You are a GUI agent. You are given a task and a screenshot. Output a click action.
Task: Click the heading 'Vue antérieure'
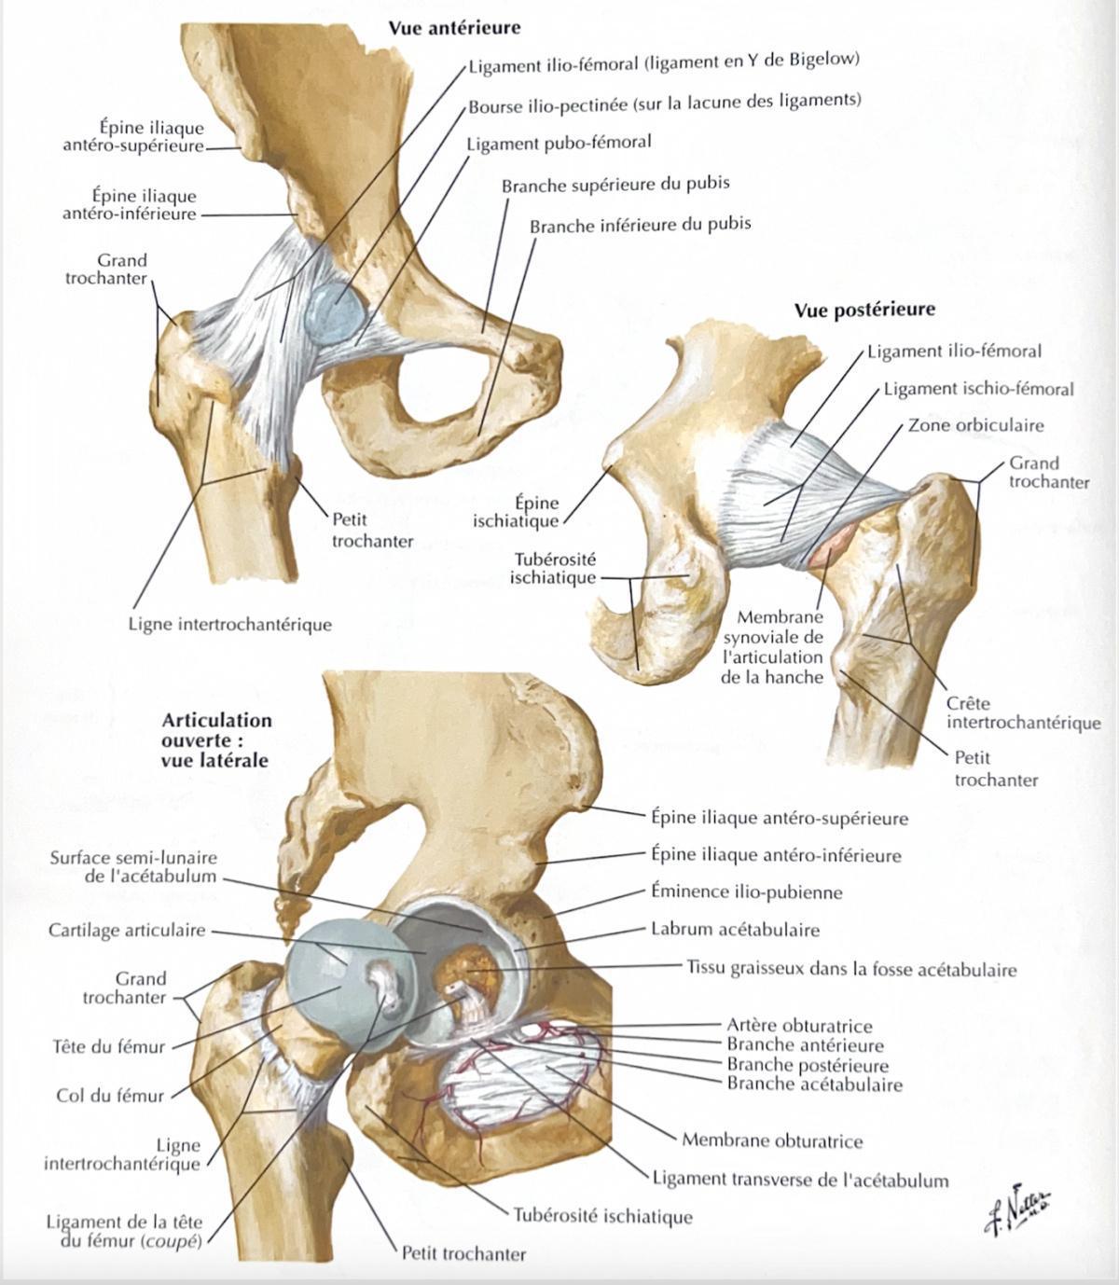455,28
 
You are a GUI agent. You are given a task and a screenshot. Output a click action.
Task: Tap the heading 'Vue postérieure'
864,310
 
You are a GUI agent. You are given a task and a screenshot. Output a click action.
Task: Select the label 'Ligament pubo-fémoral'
559,144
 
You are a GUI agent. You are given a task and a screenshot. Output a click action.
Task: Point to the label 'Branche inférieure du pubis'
641,226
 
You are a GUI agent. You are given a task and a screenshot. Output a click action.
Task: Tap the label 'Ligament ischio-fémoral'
979,390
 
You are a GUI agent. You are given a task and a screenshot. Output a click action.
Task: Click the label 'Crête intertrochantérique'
1024,712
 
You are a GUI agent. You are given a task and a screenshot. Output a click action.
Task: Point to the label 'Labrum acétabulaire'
736,930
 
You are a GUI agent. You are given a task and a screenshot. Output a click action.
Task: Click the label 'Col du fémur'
110,1096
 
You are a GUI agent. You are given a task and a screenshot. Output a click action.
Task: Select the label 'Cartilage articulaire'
127,930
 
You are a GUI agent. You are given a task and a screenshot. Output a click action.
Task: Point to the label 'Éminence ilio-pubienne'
747,892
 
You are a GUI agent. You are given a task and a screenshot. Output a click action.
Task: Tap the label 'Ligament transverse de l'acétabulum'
801,1181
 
